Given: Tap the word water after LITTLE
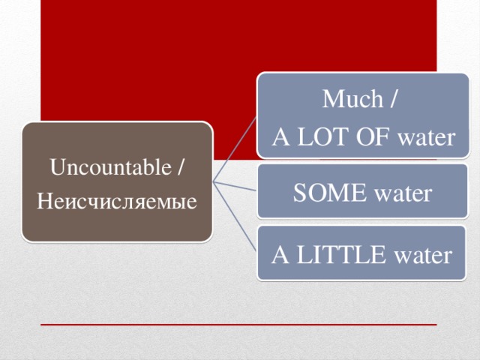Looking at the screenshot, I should pos(422,256).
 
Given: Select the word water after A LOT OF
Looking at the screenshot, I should pos(425,138).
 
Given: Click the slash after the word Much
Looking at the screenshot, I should pos(394,99).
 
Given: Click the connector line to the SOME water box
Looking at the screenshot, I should pos(236,187).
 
